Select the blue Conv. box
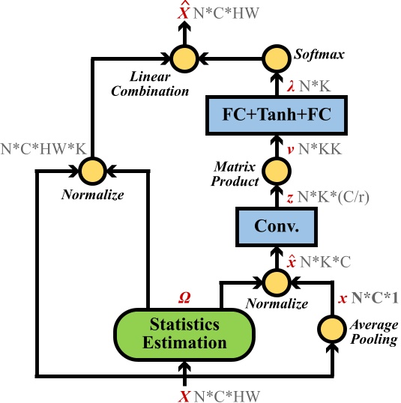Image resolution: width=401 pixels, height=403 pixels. [x=274, y=226]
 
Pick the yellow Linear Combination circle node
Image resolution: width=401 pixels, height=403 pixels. [x=181, y=56]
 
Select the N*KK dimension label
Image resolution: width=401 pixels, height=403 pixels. [x=321, y=148]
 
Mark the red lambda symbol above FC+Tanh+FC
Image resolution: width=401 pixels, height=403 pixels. [x=291, y=86]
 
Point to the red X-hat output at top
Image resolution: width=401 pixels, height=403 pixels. [x=181, y=13]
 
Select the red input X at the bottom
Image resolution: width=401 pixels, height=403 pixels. [x=183, y=391]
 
